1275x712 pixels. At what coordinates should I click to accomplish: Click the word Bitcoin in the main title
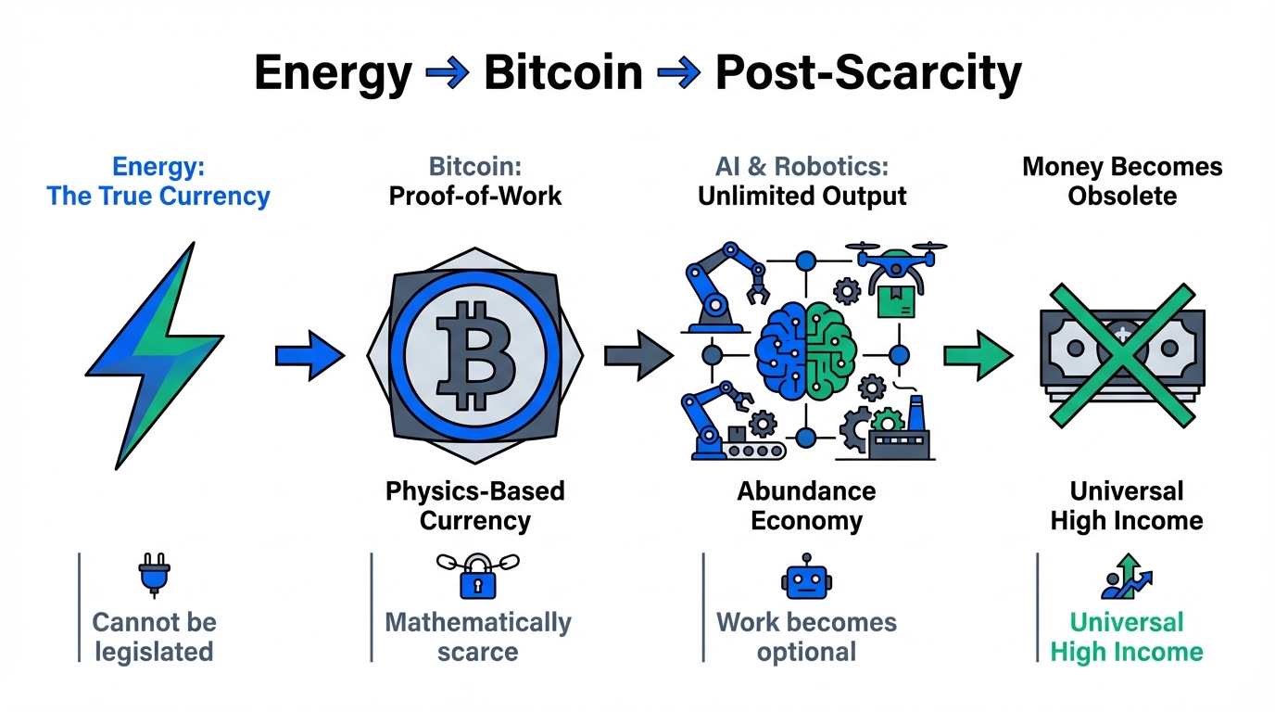[562, 72]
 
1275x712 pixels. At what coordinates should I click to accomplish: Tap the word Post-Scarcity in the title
[868, 72]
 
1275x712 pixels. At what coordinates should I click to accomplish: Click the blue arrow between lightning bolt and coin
[309, 356]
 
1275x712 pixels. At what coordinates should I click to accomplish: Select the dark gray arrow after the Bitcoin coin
[637, 356]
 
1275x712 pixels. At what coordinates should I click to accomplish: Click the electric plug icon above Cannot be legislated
[152, 575]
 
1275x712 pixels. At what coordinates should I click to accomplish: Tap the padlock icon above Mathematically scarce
[478, 577]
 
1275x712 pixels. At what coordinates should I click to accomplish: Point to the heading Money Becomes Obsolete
[1122, 182]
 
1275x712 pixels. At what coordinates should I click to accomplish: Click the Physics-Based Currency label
[475, 505]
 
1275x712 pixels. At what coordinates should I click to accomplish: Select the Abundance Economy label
[806, 505]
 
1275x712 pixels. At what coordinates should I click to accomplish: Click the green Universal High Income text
[1127, 637]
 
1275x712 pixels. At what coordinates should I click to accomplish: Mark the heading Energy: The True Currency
[158, 182]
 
